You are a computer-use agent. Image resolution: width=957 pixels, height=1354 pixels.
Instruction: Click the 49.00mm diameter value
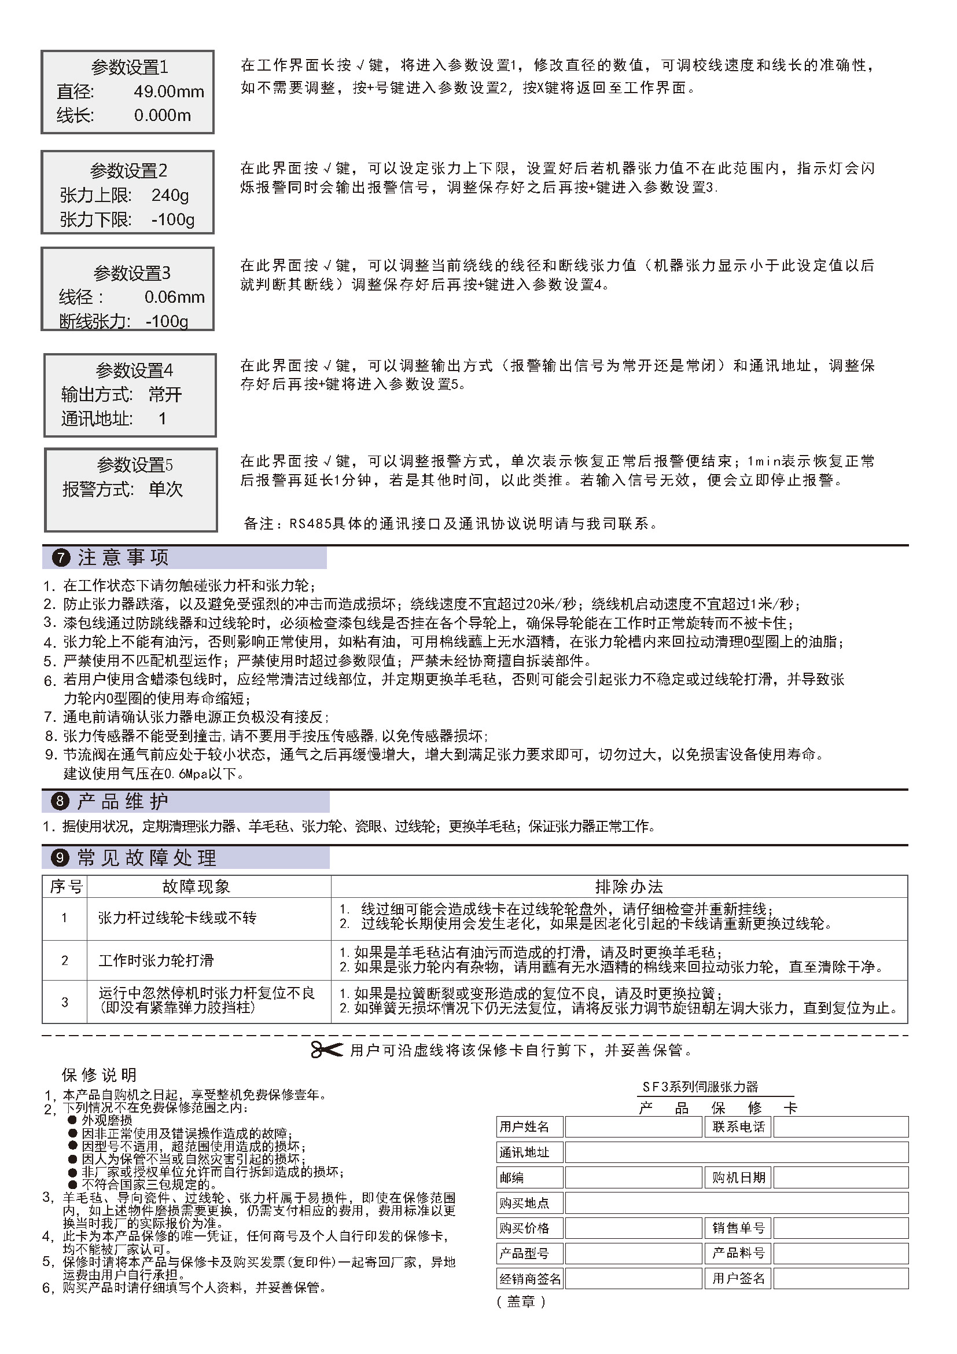(168, 91)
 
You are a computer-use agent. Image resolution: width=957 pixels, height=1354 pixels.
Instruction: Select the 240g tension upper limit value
(170, 195)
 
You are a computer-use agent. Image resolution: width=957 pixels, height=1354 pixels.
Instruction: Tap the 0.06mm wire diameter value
(174, 296)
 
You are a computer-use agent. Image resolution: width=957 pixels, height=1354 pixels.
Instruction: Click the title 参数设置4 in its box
(134, 370)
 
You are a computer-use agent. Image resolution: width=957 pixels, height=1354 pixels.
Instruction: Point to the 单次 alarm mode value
(165, 489)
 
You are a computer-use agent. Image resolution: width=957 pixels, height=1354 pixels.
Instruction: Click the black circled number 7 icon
(61, 558)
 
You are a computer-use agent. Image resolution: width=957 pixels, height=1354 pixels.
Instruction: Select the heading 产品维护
(123, 801)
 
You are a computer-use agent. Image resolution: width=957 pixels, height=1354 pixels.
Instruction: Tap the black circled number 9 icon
(61, 857)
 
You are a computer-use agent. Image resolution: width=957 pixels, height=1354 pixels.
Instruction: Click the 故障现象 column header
(196, 886)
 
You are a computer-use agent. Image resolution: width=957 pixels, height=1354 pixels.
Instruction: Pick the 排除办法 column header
(629, 886)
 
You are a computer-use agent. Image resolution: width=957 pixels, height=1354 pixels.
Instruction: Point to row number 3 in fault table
(65, 1002)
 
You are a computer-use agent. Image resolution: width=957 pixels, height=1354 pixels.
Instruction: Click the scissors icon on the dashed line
(326, 1050)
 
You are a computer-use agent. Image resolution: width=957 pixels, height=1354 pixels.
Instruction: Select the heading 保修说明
(99, 1075)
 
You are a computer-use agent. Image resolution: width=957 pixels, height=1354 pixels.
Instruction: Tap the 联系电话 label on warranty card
(738, 1127)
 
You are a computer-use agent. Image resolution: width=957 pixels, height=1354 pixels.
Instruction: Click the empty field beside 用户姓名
(633, 1127)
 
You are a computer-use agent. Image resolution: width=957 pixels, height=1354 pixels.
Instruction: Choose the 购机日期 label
(738, 1177)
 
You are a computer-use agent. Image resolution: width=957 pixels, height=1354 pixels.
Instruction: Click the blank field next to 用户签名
(840, 1279)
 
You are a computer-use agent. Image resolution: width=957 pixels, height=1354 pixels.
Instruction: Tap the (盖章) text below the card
(521, 1301)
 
